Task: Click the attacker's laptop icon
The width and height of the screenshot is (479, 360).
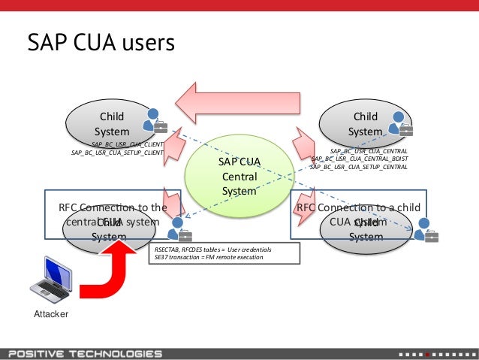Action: click(51, 280)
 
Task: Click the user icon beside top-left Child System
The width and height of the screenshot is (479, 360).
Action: click(155, 120)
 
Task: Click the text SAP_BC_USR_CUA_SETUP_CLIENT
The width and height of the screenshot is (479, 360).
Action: click(117, 153)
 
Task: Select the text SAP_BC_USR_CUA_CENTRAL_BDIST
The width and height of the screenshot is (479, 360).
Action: click(359, 159)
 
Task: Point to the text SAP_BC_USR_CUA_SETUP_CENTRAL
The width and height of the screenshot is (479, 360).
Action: click(358, 167)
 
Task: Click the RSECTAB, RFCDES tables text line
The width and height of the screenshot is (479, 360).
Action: click(212, 249)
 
